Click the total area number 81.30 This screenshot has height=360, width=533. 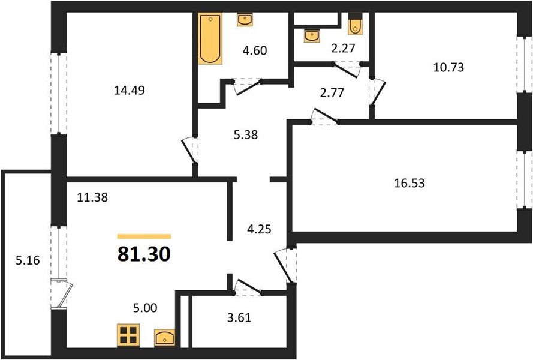point(144,254)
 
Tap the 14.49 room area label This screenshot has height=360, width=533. point(130,90)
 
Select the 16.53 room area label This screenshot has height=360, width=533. point(409,183)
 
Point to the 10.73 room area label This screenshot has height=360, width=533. point(448,67)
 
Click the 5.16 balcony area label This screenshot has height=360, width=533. point(28,260)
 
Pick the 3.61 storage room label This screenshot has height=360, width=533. point(239,317)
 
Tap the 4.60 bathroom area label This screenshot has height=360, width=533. point(255,50)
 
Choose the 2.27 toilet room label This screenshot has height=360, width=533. point(344,48)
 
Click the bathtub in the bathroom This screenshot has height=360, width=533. point(210,38)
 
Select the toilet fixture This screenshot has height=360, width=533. point(355,24)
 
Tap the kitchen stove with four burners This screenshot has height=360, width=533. point(128,335)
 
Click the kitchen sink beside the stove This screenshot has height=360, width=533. point(164,338)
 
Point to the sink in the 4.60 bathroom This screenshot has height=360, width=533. point(245,19)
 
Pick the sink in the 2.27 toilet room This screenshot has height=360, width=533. point(312,36)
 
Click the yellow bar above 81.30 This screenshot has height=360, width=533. point(144,236)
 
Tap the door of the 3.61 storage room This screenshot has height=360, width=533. point(248,287)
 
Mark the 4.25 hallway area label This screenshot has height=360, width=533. point(259,229)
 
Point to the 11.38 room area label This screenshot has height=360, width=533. point(92,197)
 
